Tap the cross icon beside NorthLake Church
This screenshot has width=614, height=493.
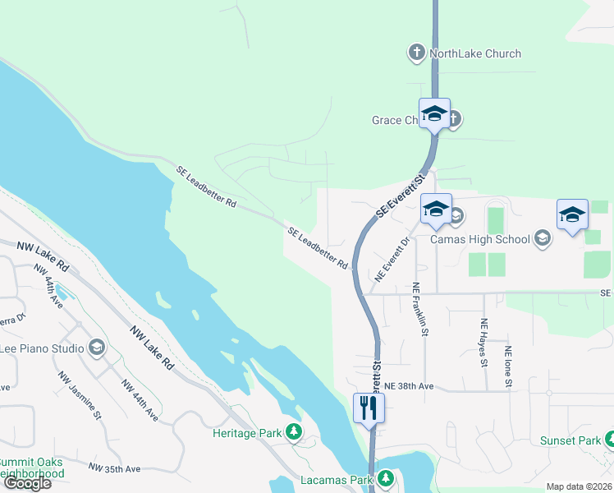click(416, 54)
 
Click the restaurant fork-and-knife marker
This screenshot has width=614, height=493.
click(369, 408)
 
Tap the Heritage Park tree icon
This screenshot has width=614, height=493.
click(293, 432)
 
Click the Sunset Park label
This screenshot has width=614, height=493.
click(570, 440)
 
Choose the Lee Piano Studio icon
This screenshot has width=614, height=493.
click(97, 348)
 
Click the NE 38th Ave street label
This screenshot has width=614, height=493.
click(408, 386)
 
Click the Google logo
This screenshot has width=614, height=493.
click(27, 483)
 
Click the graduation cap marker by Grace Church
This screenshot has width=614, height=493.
click(433, 115)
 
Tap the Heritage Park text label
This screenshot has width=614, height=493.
click(246, 433)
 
